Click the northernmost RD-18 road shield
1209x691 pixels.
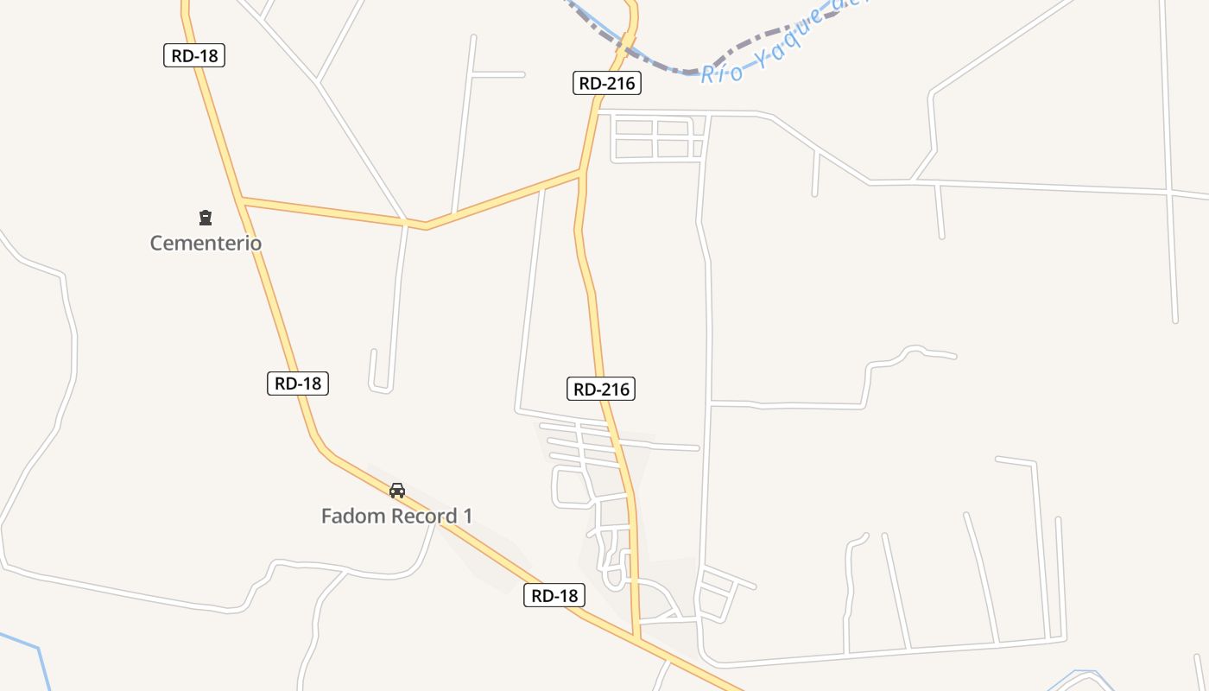pyautogui.click(x=194, y=56)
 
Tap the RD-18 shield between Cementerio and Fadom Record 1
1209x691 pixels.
pyautogui.click(x=298, y=384)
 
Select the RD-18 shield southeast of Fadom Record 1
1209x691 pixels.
pyautogui.click(x=554, y=595)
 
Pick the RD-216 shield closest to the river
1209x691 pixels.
pyautogui.click(x=606, y=84)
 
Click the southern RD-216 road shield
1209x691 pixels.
pyautogui.click(x=601, y=390)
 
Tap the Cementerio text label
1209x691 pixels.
pyautogui.click(x=206, y=244)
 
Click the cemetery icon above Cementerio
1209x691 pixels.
pyautogui.click(x=206, y=218)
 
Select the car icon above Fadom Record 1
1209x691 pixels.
pyautogui.click(x=397, y=491)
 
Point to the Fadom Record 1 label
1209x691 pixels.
pyautogui.click(x=396, y=517)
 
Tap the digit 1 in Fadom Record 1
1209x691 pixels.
pyautogui.click(x=468, y=517)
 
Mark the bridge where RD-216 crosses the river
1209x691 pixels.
pyautogui.click(x=628, y=39)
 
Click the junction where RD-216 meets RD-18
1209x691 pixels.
pyautogui.click(x=637, y=638)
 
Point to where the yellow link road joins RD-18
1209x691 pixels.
pyautogui.click(x=243, y=200)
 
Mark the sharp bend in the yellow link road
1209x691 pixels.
pyautogui.click(x=426, y=226)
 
